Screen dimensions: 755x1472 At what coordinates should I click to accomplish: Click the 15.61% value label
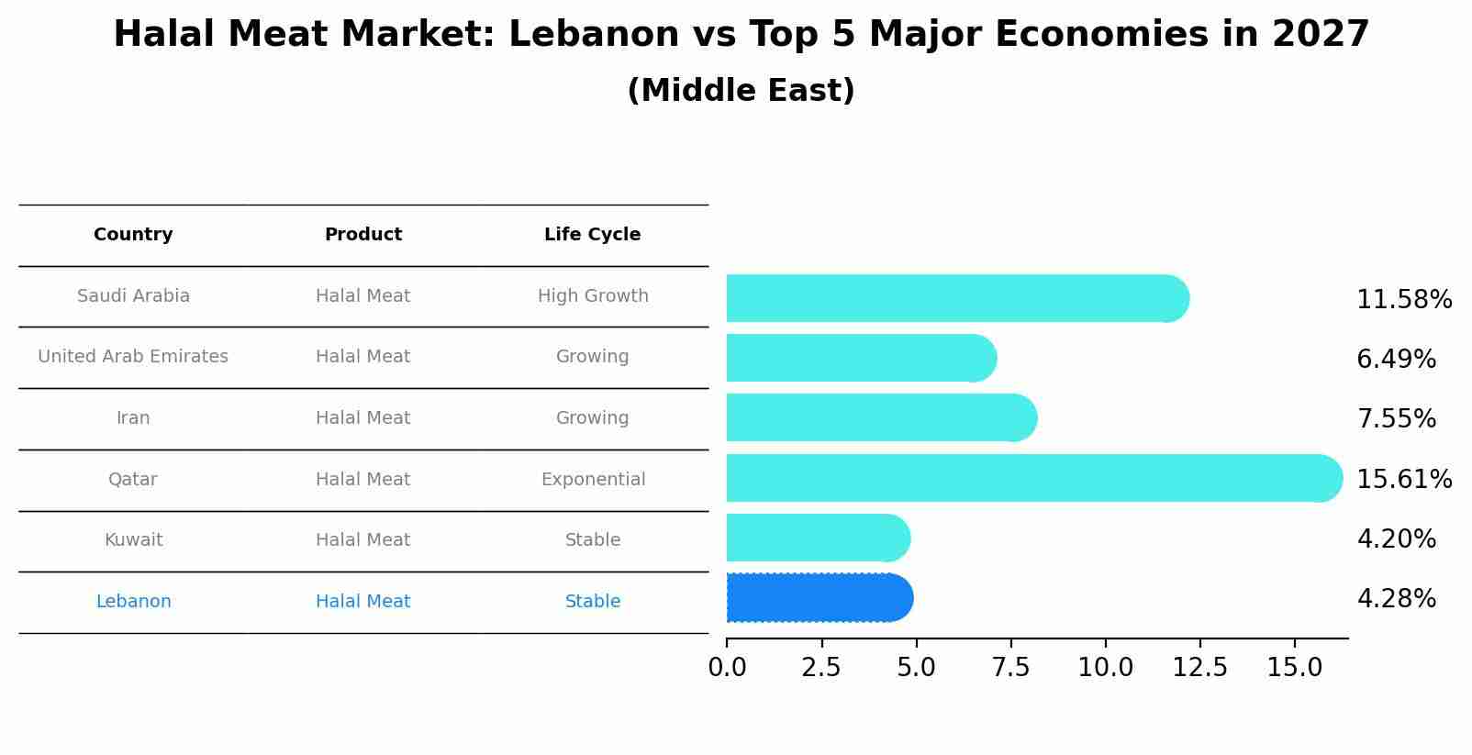point(1403,479)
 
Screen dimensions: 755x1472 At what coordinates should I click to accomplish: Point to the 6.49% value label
point(1396,359)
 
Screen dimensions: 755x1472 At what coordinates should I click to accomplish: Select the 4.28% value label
point(1396,599)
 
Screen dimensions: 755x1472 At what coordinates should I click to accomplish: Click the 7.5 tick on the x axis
point(1010,668)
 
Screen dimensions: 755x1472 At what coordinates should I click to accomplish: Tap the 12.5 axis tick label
point(1199,668)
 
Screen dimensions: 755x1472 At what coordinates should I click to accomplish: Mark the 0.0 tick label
point(727,668)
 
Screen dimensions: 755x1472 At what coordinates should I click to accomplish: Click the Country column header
point(133,235)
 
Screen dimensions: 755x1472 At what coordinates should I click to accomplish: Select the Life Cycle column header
point(592,235)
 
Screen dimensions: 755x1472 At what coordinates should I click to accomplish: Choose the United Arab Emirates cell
point(133,357)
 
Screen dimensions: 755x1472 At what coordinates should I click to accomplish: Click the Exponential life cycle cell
point(593,480)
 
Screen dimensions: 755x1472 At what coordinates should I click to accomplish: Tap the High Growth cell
point(593,296)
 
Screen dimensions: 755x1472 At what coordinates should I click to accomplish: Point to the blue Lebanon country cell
point(133,602)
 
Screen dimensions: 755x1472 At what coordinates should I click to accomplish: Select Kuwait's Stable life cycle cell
point(593,540)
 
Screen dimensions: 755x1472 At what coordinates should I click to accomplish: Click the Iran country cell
point(133,418)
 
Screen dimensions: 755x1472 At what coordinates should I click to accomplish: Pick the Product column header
point(363,235)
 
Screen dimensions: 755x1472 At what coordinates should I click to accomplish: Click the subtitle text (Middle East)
point(741,91)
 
